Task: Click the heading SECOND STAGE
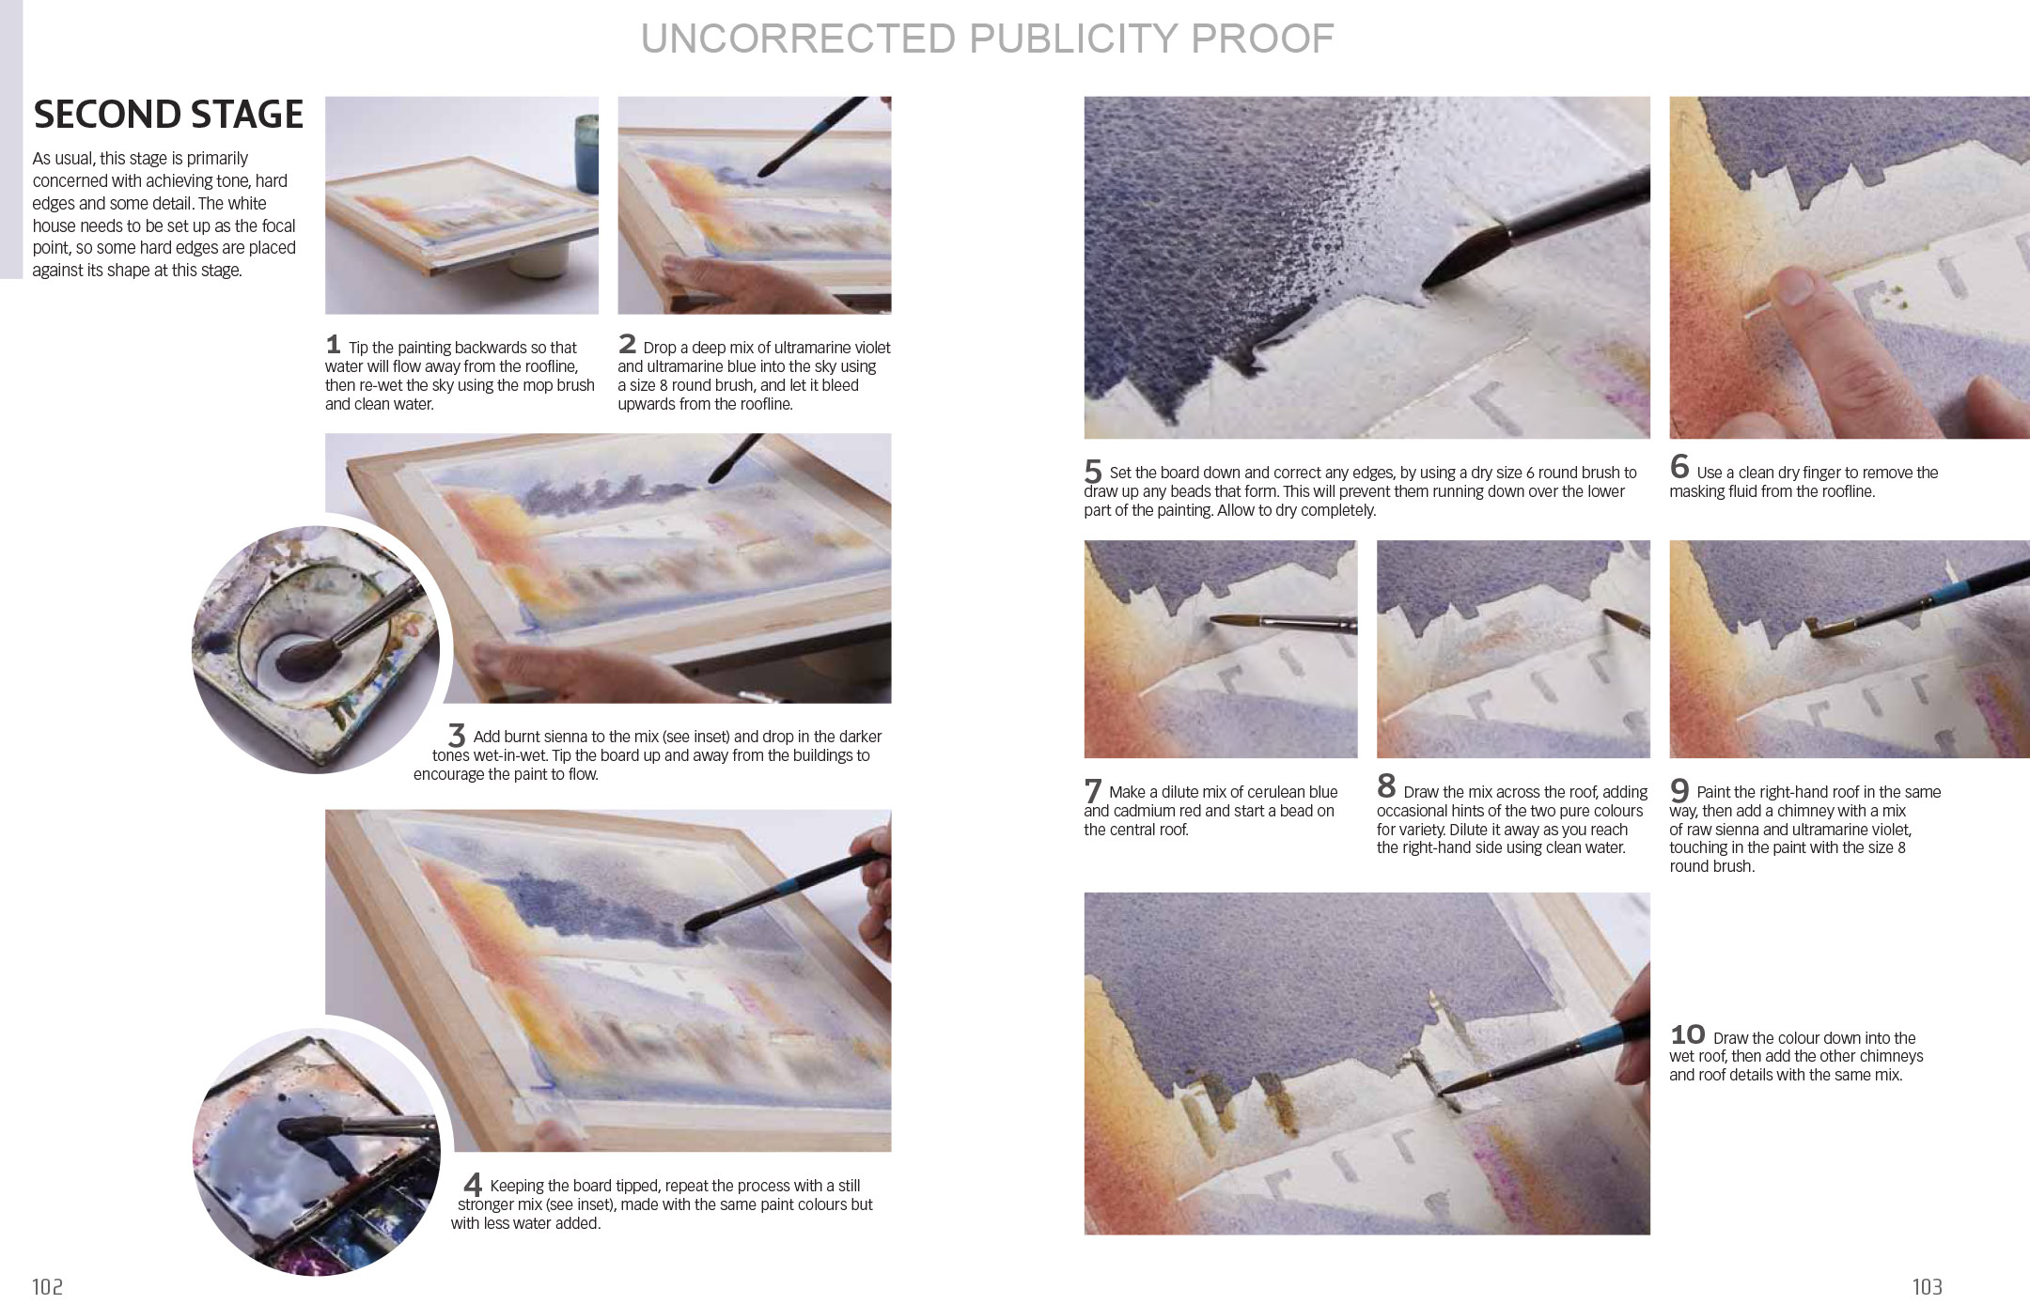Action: pyautogui.click(x=168, y=115)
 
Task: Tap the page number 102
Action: pyautogui.click(x=47, y=1286)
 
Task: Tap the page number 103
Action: pyautogui.click(x=1926, y=1286)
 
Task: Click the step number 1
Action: pyautogui.click(x=333, y=344)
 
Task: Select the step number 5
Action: pyautogui.click(x=1092, y=470)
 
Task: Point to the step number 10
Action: pyautogui.click(x=1687, y=1034)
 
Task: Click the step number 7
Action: pyautogui.click(x=1092, y=790)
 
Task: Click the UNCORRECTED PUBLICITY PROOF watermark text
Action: pyautogui.click(x=987, y=39)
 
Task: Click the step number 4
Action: pyautogui.click(x=473, y=1185)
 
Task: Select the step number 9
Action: pyautogui.click(x=1679, y=790)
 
